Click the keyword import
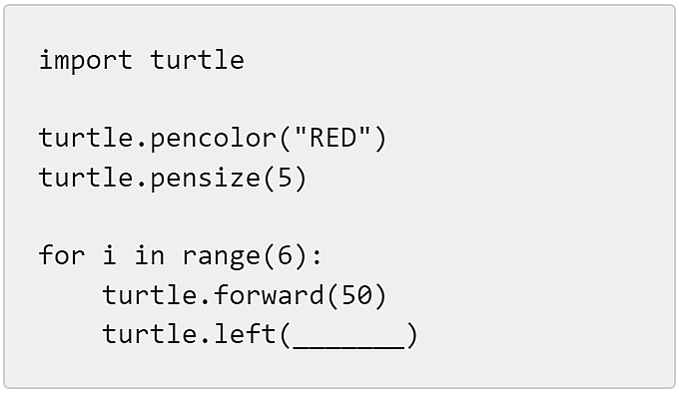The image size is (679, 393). (x=85, y=60)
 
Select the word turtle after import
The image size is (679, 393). (x=197, y=59)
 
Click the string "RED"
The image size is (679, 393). (x=333, y=138)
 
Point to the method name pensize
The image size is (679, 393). (x=206, y=179)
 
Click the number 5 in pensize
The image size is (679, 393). (x=285, y=178)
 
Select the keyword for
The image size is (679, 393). (x=62, y=254)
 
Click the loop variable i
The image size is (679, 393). (x=110, y=254)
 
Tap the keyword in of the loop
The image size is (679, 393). (x=150, y=254)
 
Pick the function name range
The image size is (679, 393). (x=221, y=256)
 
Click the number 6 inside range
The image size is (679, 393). (x=285, y=255)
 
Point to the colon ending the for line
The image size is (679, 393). (x=317, y=256)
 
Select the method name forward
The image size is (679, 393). (x=269, y=295)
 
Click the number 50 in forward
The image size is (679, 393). (x=356, y=295)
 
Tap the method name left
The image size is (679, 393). (x=245, y=334)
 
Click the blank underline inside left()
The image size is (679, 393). (x=348, y=347)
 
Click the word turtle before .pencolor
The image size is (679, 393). (x=86, y=138)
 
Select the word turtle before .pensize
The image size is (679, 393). (x=86, y=178)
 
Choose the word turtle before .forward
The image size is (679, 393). (x=150, y=295)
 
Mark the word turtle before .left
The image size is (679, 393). (x=150, y=334)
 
